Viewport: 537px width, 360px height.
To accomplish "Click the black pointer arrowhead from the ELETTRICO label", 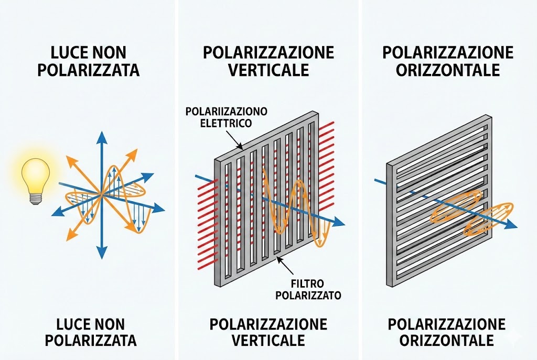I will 240,148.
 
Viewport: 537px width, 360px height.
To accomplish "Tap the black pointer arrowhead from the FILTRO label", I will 278,259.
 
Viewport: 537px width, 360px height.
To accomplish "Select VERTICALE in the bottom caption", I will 268,340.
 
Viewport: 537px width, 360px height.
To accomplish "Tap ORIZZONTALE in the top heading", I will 447,69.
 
